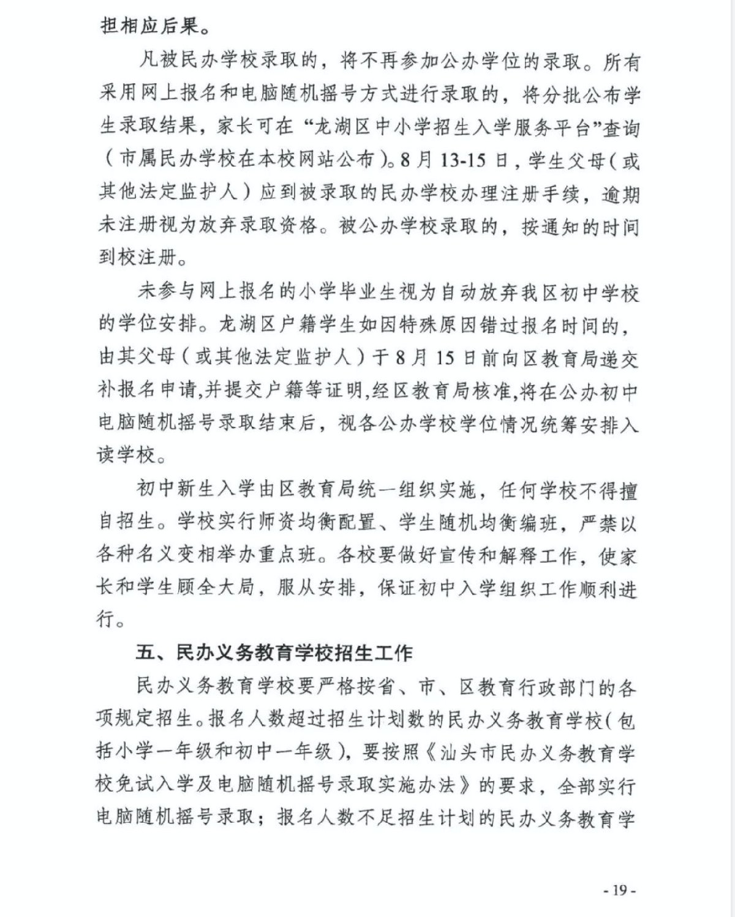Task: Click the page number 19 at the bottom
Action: [620, 889]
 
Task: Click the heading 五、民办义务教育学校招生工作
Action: [274, 652]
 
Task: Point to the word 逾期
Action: [620, 193]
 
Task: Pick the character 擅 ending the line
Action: [627, 490]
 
